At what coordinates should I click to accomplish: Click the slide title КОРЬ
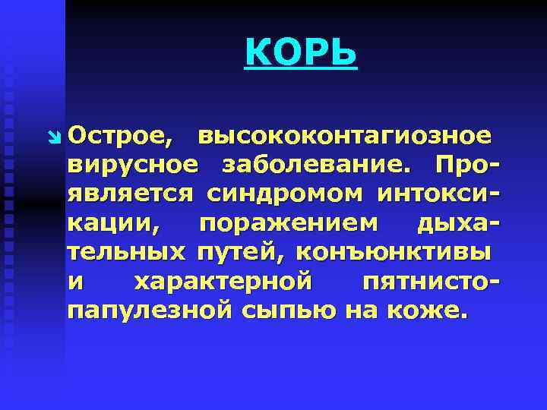coord(301,53)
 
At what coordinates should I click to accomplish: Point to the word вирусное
coord(133,166)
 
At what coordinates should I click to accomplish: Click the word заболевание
coord(318,166)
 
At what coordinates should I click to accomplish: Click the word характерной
coord(223,281)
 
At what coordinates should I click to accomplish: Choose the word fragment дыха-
coord(459,223)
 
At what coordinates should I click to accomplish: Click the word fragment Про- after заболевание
coord(465,166)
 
